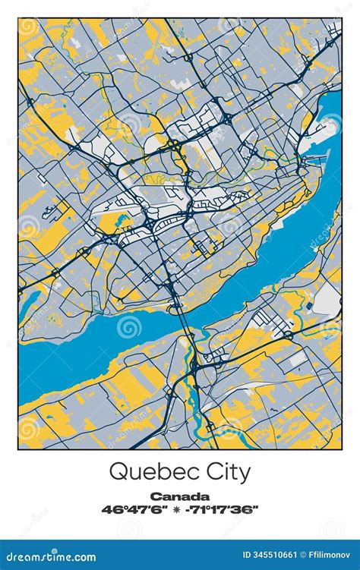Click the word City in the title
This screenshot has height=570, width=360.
pyautogui.click(x=226, y=471)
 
